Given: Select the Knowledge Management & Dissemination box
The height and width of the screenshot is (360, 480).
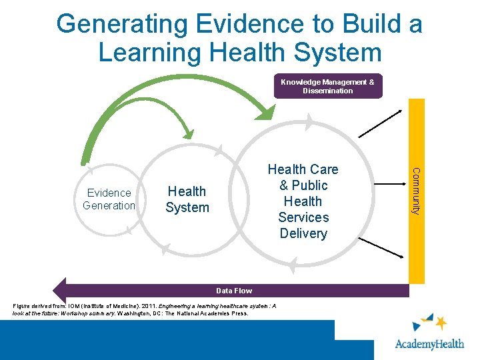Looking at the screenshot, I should (327, 86).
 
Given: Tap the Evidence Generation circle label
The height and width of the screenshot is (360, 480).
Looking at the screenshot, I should (109, 199).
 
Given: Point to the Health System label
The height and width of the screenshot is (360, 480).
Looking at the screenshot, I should (187, 199).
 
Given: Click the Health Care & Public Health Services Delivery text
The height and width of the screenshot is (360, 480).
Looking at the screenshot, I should (303, 201).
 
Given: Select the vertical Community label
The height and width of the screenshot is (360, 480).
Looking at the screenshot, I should (415, 191).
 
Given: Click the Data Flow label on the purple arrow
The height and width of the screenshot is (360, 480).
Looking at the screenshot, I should (234, 291).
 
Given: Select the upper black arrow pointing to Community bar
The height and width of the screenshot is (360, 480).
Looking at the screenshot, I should (383, 123).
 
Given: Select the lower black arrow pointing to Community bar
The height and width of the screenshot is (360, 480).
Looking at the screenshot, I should (383, 247).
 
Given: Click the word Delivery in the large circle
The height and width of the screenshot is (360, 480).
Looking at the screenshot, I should (303, 233).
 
